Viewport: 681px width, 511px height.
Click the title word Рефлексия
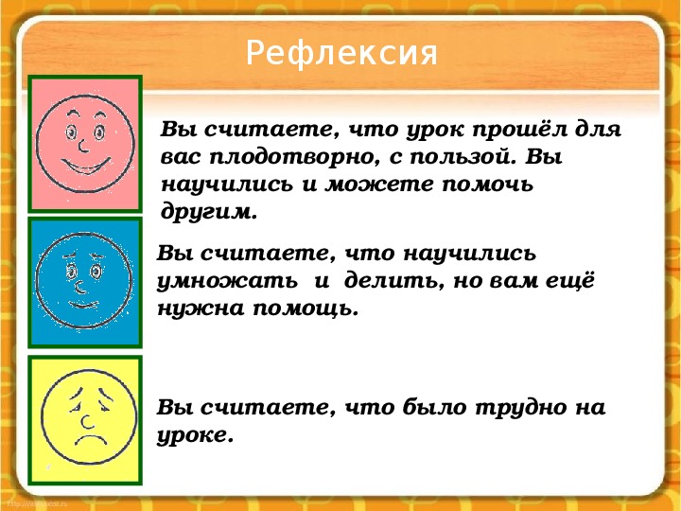pos(341,53)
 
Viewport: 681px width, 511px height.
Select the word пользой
pos(463,157)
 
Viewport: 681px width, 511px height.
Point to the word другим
pos(209,214)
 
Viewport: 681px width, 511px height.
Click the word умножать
pos(227,282)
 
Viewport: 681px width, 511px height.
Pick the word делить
pos(393,282)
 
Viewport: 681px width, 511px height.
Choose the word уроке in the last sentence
pos(195,436)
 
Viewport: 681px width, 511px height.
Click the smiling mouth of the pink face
pos(85,166)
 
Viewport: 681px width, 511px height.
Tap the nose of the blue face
pos(79,288)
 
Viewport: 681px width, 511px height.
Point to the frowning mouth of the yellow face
pos(91,441)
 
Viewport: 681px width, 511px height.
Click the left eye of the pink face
pos(71,132)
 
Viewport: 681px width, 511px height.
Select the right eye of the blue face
pos(96,272)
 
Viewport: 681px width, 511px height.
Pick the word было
pos(435,408)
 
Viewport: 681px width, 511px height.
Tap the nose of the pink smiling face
pos(84,146)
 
